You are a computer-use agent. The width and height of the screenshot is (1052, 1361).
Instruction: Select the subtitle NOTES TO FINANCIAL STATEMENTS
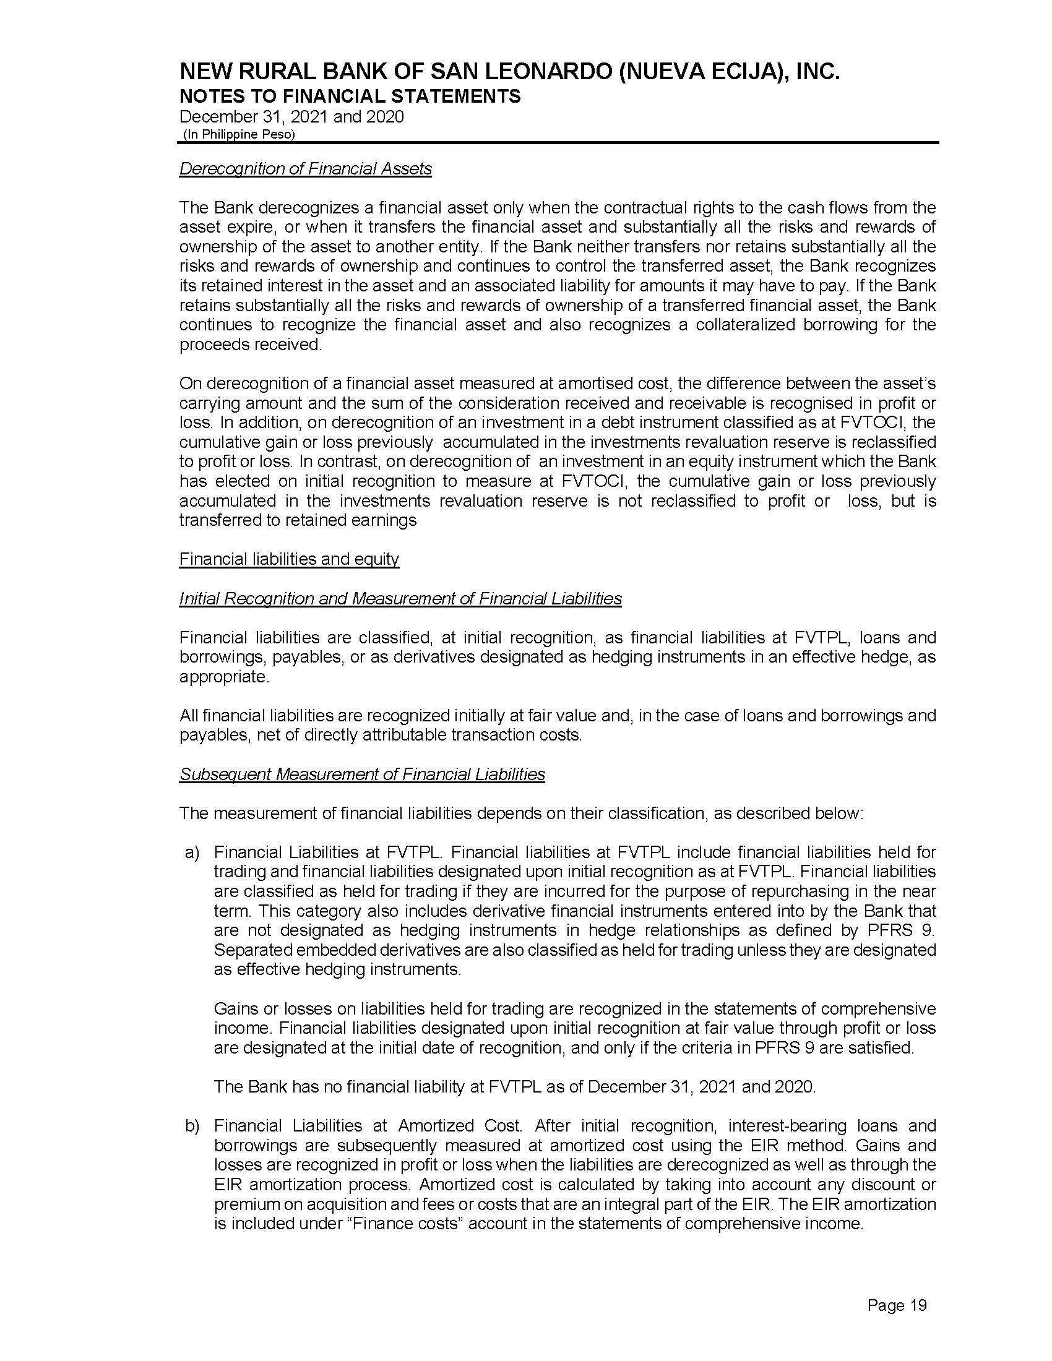(x=350, y=97)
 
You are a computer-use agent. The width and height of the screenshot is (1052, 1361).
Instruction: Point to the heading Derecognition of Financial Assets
(x=305, y=169)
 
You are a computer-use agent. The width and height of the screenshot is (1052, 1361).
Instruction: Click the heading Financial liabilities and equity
(x=289, y=559)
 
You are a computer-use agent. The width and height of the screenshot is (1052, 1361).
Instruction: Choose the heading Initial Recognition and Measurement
(x=400, y=599)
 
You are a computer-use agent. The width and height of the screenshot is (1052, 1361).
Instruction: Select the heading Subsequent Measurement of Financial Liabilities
(x=362, y=774)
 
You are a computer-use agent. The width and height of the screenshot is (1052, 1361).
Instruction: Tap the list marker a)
(x=192, y=852)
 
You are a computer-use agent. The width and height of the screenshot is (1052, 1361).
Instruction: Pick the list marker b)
(x=192, y=1126)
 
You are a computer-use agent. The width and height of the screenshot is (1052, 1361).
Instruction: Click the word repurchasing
(x=811, y=891)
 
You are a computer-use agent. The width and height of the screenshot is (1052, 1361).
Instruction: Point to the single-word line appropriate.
(x=225, y=677)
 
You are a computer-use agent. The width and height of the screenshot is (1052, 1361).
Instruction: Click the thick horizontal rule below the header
(x=558, y=144)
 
